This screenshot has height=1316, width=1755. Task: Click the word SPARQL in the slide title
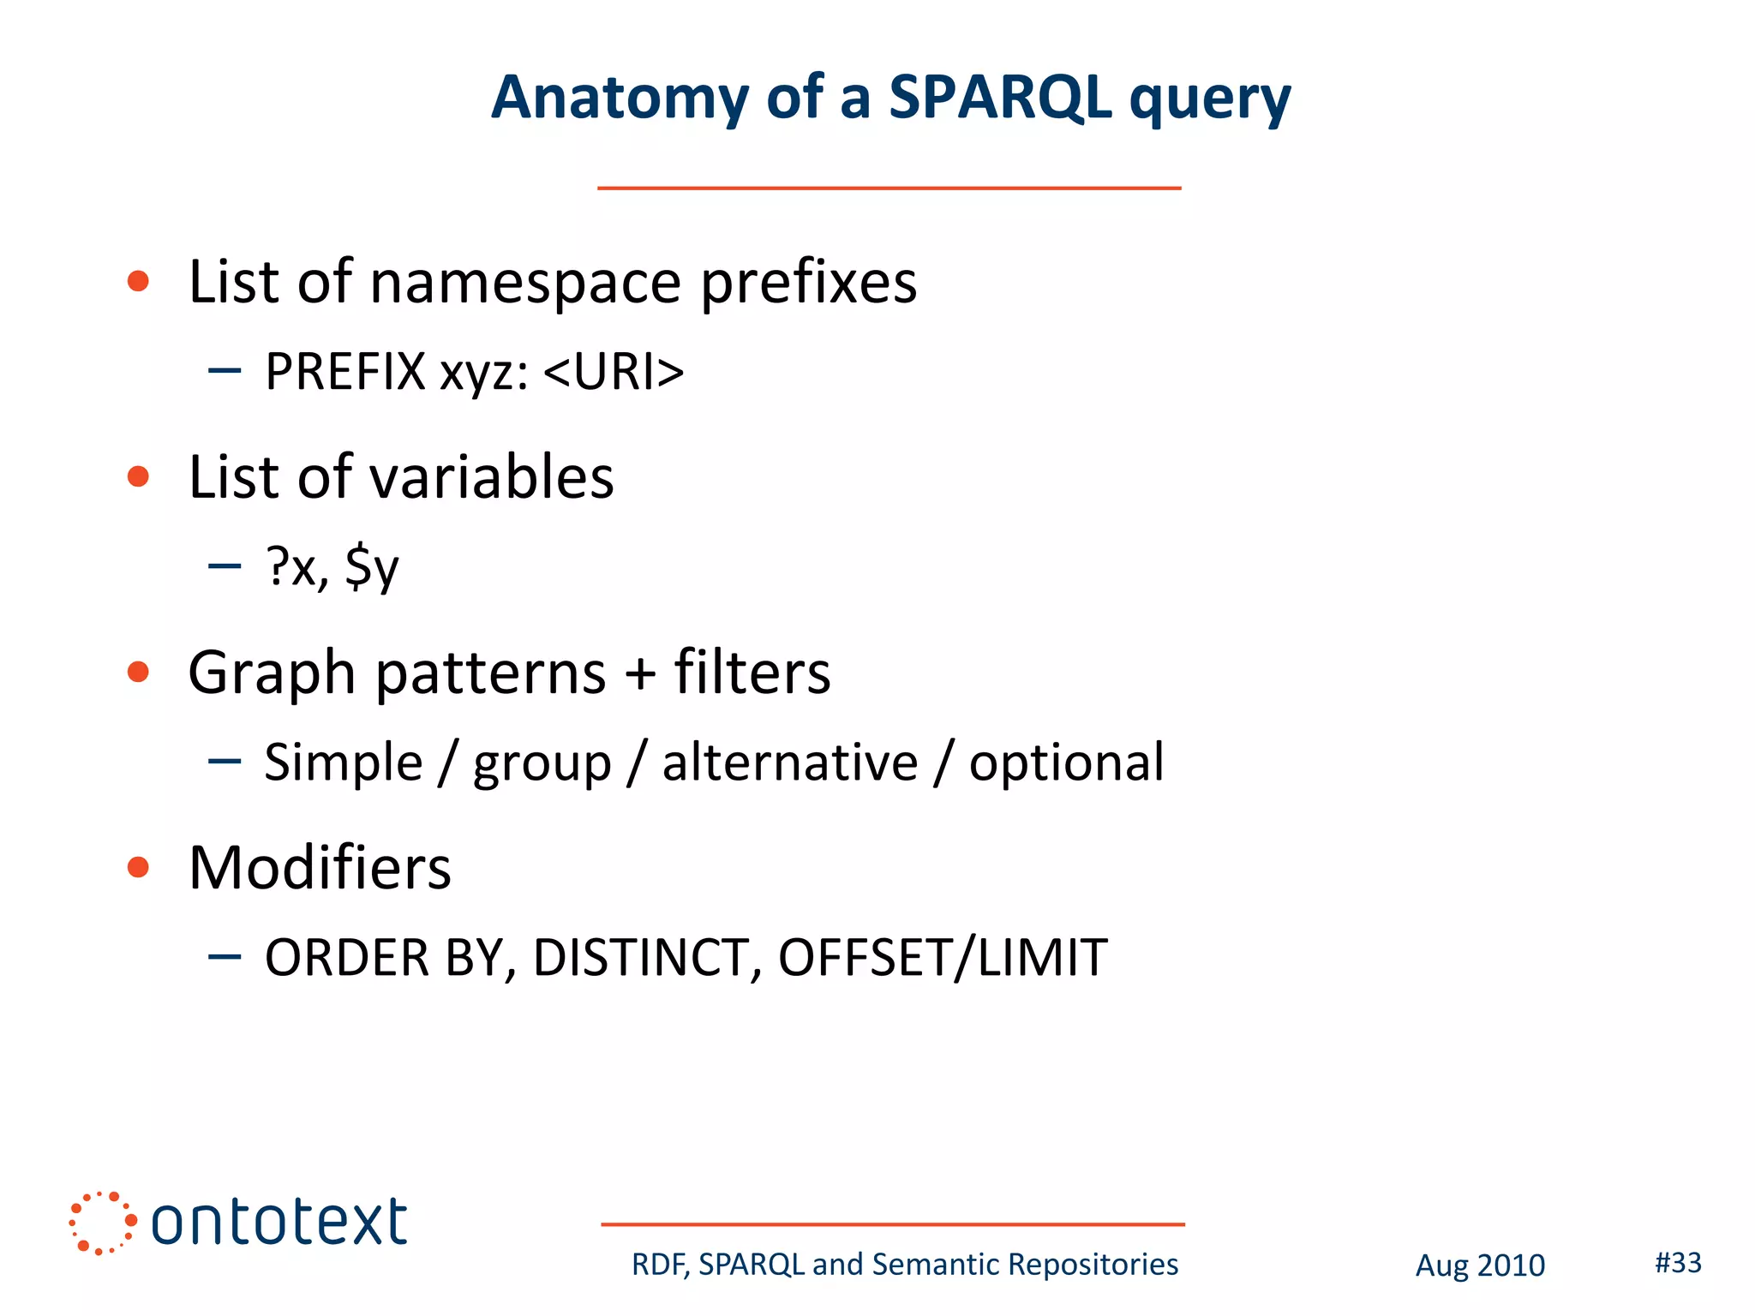pyautogui.click(x=1000, y=98)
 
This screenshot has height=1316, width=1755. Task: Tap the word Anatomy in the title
pyautogui.click(x=620, y=98)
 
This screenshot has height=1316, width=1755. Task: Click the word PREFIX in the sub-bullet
pyautogui.click(x=345, y=372)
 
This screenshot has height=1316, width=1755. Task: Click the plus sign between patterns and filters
pyautogui.click(x=640, y=673)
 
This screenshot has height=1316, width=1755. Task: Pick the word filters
pyautogui.click(x=752, y=673)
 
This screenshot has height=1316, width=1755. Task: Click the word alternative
pyautogui.click(x=789, y=762)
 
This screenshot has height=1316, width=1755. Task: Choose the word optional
pyautogui.click(x=1066, y=762)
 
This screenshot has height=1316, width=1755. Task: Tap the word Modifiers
pyautogui.click(x=319, y=868)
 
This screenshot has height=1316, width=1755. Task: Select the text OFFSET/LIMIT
pyautogui.click(x=943, y=958)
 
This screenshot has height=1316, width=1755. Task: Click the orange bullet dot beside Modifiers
pyautogui.click(x=138, y=867)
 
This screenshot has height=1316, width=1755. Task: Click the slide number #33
pyautogui.click(x=1678, y=1262)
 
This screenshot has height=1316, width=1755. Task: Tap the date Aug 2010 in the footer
pyautogui.click(x=1480, y=1265)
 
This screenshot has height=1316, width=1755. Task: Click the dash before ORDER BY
pyautogui.click(x=225, y=956)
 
